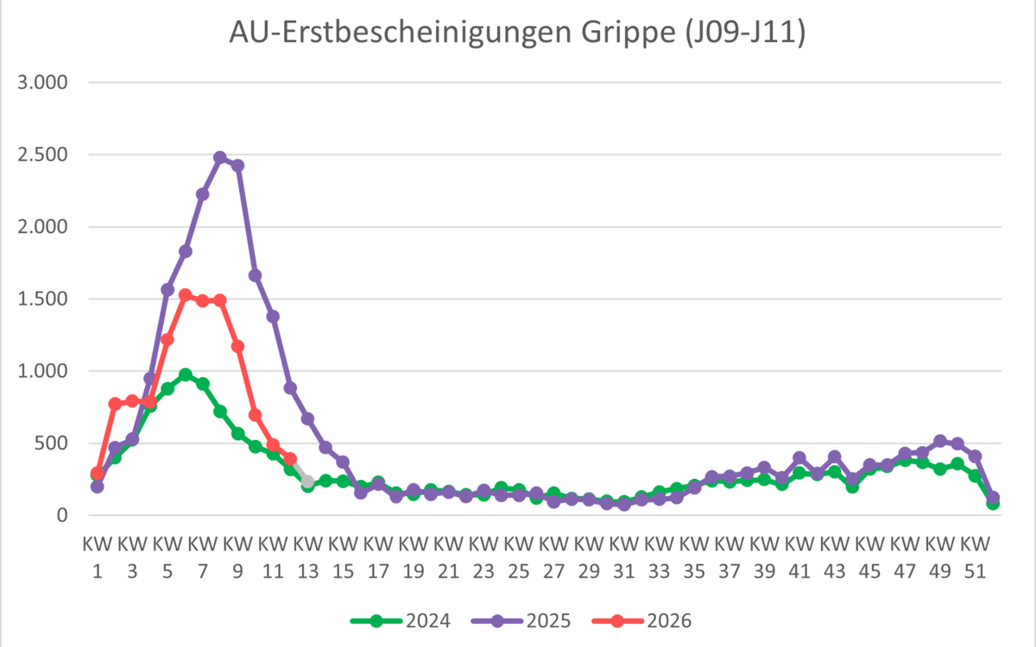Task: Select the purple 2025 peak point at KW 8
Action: (x=220, y=158)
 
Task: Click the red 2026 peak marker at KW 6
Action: (x=185, y=295)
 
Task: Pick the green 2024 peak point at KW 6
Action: (x=185, y=374)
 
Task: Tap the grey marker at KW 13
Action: (x=307, y=481)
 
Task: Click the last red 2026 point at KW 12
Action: (x=290, y=459)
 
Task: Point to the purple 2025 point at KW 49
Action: (x=940, y=441)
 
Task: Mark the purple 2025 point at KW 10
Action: (x=255, y=275)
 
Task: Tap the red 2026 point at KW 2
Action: (x=115, y=404)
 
